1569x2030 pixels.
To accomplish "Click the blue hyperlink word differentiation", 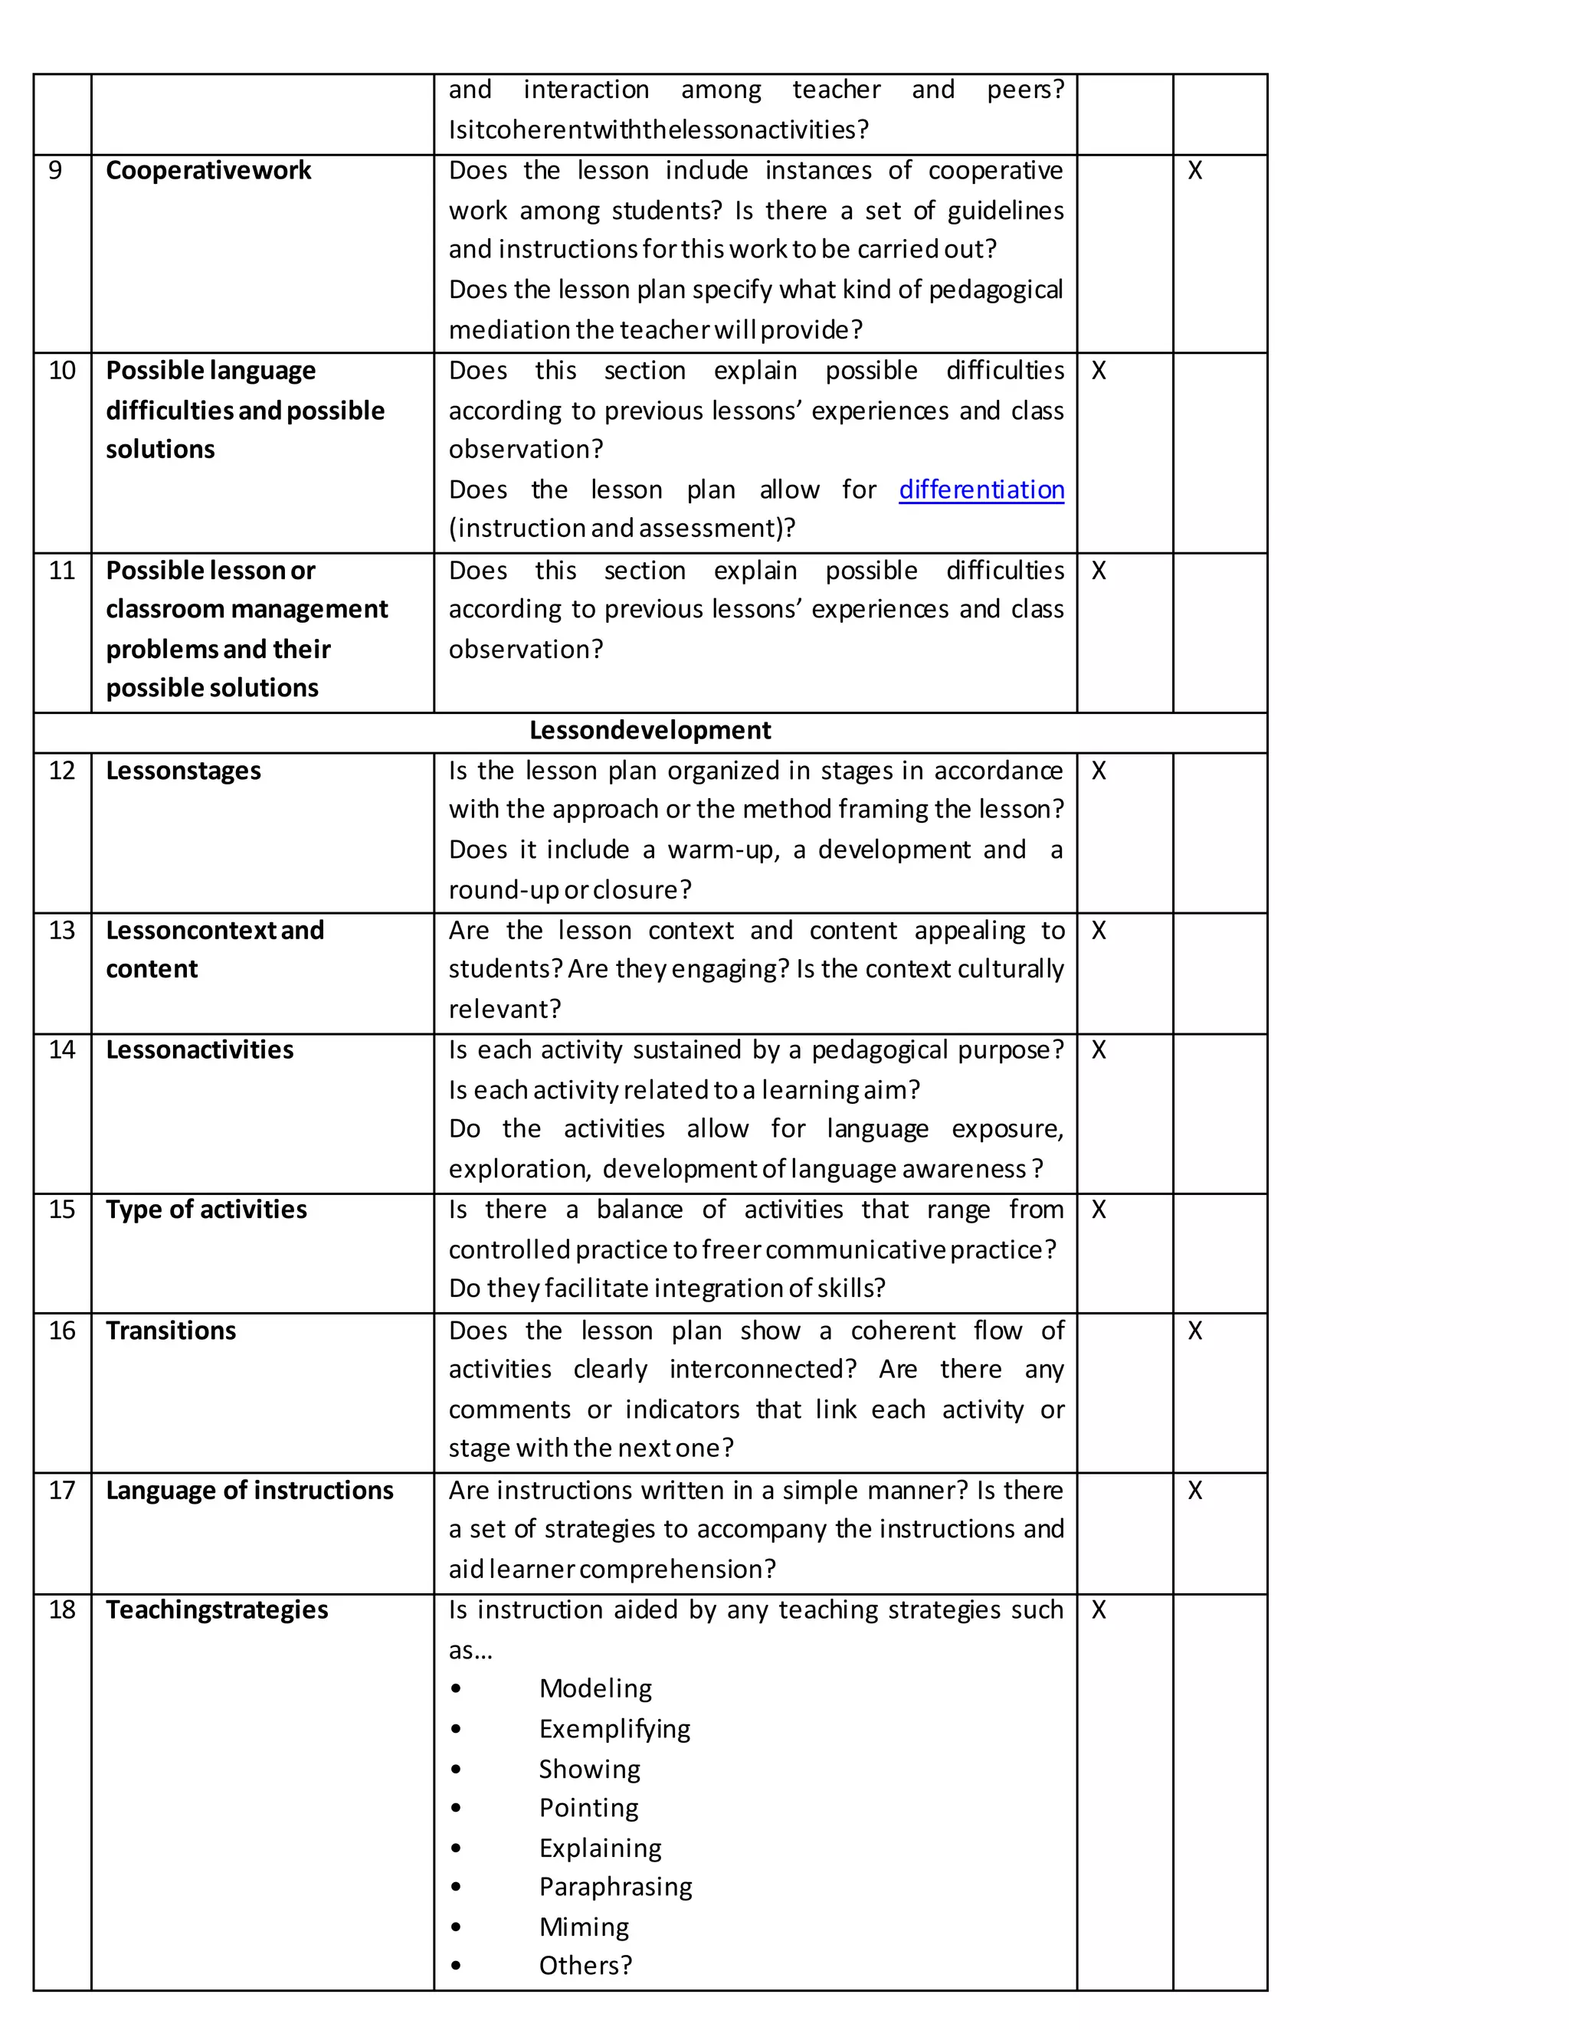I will pos(981,489).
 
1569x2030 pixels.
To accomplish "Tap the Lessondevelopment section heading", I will pos(650,731).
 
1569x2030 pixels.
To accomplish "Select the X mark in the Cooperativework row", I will pos(1194,170).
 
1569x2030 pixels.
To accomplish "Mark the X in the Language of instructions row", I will pos(1194,1490).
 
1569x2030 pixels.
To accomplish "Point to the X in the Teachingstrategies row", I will pos(1098,1610).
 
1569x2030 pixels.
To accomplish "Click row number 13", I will pos(61,931).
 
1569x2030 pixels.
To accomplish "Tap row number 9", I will pos(55,170).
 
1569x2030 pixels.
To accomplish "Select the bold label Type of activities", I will pos(205,1210).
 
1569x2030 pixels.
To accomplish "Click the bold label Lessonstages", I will pos(183,771).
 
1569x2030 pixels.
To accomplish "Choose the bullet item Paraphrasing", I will pos(615,1886).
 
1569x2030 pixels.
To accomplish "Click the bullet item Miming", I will pos(584,1927).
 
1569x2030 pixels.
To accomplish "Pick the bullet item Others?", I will pos(585,1966).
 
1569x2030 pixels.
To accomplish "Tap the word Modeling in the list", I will pos(595,1688).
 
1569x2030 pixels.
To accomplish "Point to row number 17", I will pos(61,1490).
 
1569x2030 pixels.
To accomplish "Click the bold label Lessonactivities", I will pos(199,1049).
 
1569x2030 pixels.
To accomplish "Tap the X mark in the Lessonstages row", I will pos(1098,771).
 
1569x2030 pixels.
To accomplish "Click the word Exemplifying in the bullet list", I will pos(614,1729).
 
